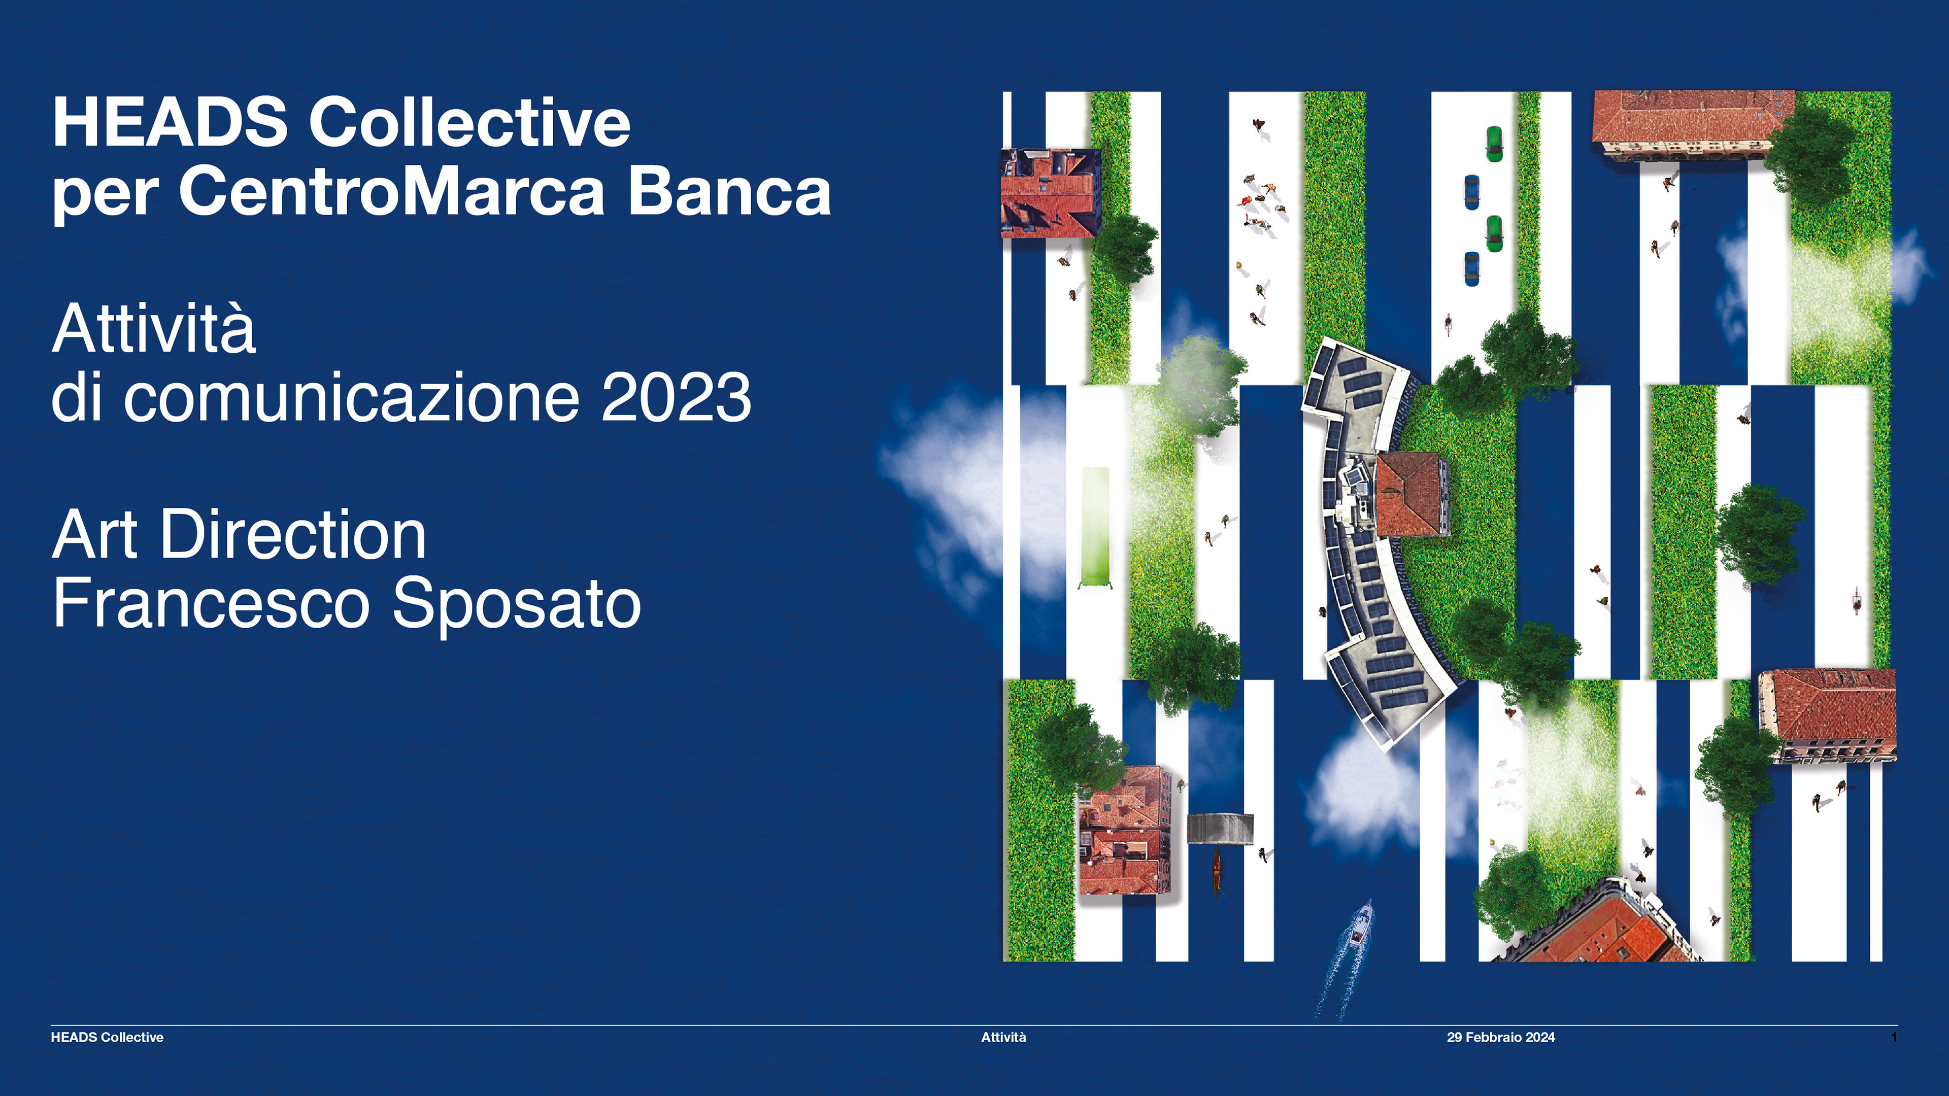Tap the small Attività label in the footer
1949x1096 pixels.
[x=1003, y=1038]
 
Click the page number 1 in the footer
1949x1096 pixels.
[x=1894, y=1038]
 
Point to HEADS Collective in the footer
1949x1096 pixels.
[x=107, y=1038]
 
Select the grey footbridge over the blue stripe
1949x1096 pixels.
[x=1220, y=828]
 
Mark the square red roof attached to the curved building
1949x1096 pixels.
[x=1411, y=494]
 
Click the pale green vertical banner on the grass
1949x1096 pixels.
[x=1094, y=527]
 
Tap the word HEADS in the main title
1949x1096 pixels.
[x=170, y=122]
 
